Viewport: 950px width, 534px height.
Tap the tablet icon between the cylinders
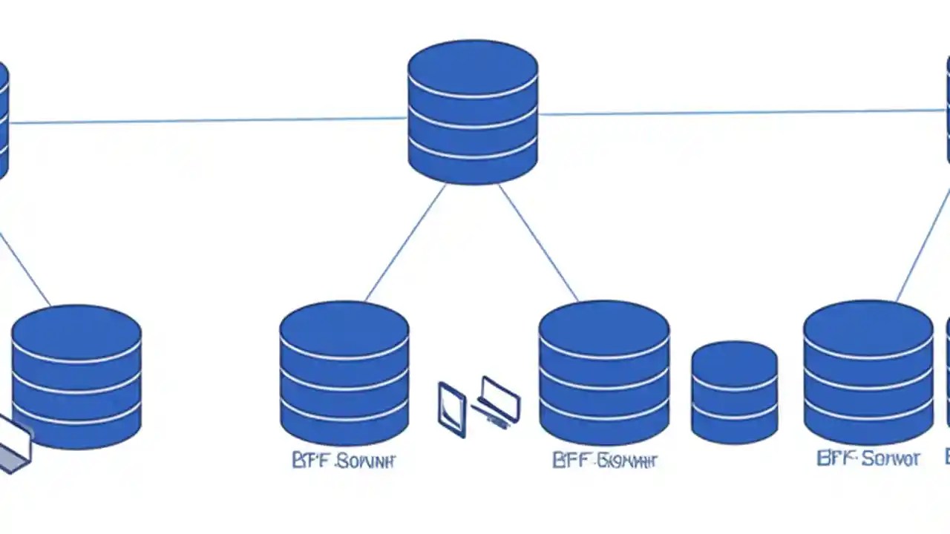(451, 409)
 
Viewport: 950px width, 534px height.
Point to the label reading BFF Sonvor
(868, 458)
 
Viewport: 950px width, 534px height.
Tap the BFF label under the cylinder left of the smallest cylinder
(605, 461)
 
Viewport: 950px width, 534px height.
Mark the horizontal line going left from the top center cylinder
(208, 120)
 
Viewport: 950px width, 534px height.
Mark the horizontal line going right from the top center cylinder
(742, 113)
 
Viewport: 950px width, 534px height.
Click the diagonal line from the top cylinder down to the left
(405, 243)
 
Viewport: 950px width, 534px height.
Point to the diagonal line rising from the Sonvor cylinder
(923, 245)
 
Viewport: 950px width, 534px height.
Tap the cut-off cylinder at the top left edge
(3, 119)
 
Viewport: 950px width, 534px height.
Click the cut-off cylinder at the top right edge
(948, 111)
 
